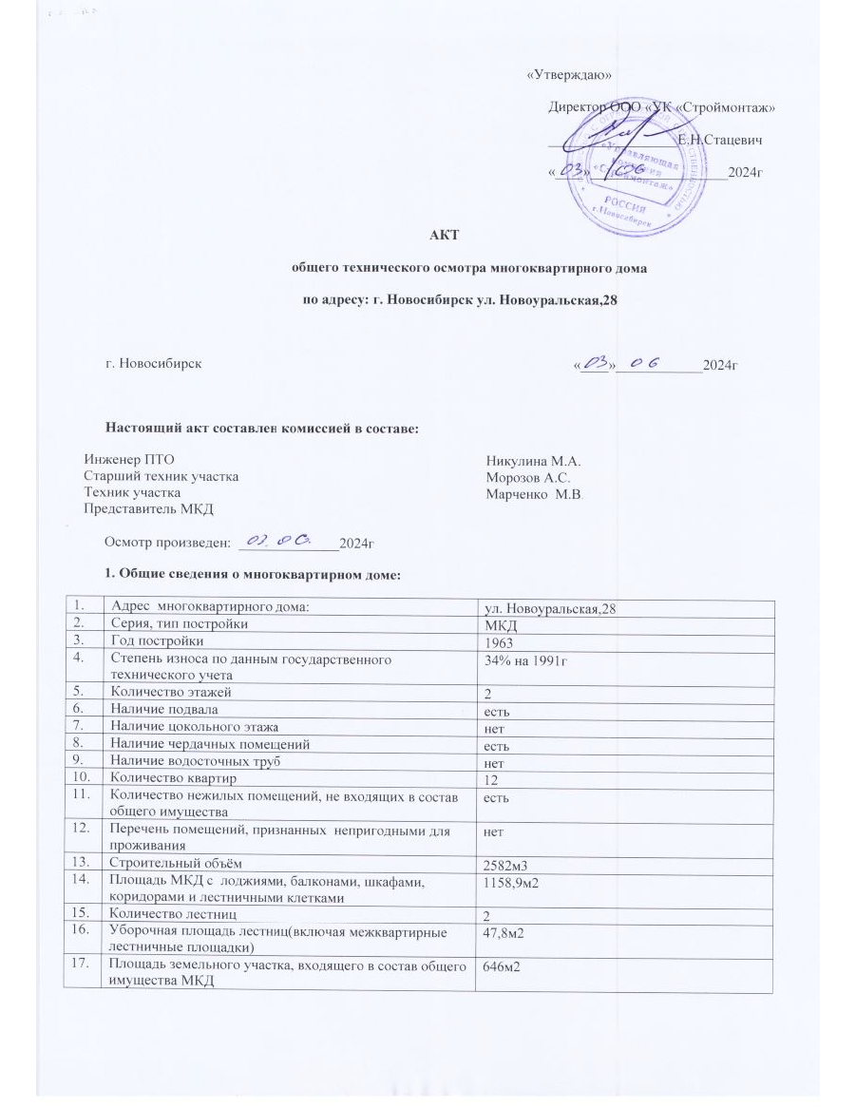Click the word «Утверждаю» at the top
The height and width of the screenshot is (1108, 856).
coord(568,75)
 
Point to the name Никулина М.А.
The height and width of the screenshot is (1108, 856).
coord(526,460)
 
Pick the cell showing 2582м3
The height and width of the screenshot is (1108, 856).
coord(511,888)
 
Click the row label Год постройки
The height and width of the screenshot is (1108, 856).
coord(159,641)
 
